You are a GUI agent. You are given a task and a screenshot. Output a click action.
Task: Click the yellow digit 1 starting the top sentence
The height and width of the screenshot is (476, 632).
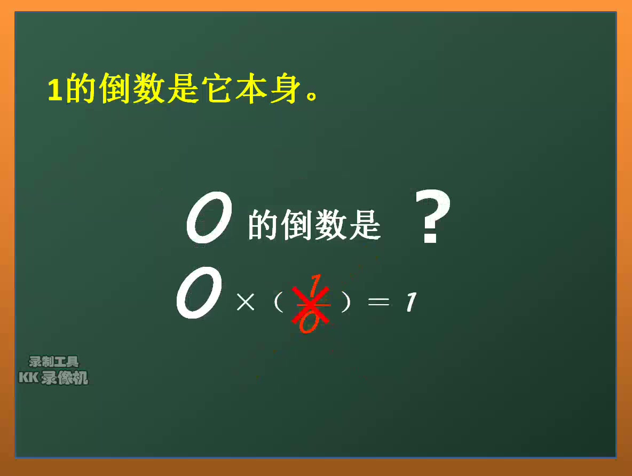55,90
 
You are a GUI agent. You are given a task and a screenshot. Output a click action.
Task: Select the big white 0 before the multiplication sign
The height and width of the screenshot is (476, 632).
199,293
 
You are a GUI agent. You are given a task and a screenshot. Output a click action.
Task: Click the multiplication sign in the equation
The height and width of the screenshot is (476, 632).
245,303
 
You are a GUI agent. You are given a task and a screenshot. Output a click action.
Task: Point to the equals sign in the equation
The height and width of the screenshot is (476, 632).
379,303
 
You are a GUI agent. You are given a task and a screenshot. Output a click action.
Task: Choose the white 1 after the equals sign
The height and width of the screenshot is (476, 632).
409,303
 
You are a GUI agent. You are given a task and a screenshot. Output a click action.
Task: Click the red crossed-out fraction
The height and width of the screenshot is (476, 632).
311,304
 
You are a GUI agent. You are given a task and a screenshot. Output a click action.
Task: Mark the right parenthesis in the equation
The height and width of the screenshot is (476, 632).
346,303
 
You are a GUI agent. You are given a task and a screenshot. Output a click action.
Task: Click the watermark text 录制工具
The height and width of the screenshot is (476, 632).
53,362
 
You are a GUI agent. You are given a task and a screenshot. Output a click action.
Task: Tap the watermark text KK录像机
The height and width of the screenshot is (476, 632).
53,378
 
